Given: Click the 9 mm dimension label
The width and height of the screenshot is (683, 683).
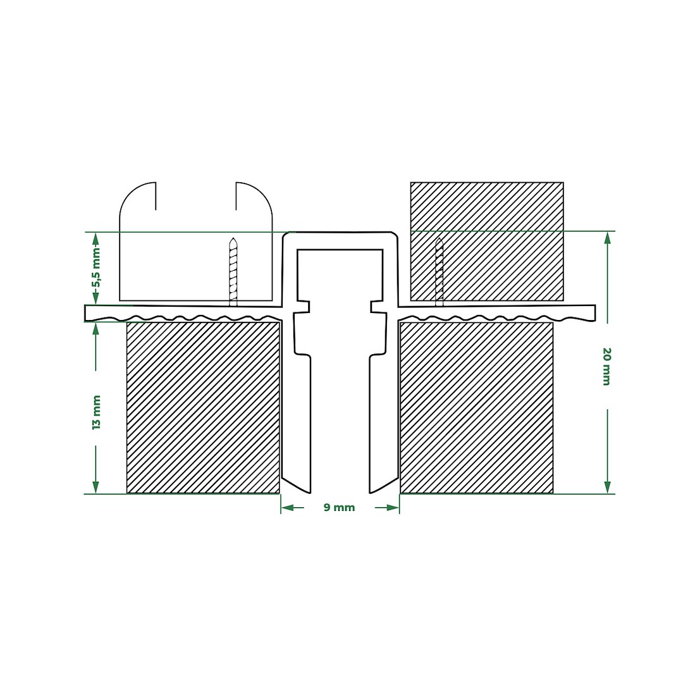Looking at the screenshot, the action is coord(340,507).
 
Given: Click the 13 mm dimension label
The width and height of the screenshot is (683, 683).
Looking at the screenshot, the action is coord(96,412).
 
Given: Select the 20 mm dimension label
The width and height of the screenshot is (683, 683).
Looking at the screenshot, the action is coord(606,366).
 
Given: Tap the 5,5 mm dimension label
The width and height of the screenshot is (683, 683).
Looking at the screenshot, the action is coord(96,267).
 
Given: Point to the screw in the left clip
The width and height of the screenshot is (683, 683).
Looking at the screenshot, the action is coord(233,272).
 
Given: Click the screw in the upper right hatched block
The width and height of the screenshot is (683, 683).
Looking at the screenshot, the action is coord(439,272).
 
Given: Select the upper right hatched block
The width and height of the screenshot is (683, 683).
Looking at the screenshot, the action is coord(487,242).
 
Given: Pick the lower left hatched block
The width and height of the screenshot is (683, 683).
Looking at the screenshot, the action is coord(203,408).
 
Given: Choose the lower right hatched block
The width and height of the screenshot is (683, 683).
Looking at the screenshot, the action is coord(477,408).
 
